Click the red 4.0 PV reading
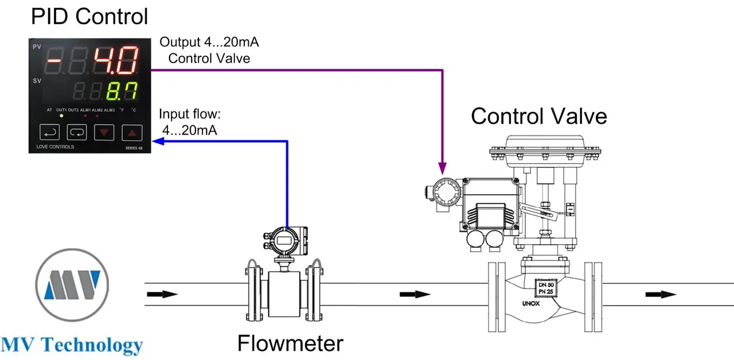coord(116,60)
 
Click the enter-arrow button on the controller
coord(49,132)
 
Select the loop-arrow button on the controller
coord(77,132)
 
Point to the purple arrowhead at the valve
coord(442,168)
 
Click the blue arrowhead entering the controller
coord(158,141)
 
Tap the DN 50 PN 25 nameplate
coord(546,288)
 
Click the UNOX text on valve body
coord(531,303)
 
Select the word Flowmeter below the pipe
coord(290,343)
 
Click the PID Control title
coord(89,16)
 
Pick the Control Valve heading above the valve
coord(539,116)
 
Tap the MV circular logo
coord(72,285)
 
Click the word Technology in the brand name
coord(92,345)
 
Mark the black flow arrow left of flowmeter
coord(162,294)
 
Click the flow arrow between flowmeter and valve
coord(415,294)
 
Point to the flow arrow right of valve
coord(661,295)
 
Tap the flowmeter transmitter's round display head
coord(284,241)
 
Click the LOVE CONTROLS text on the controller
coord(56,147)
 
